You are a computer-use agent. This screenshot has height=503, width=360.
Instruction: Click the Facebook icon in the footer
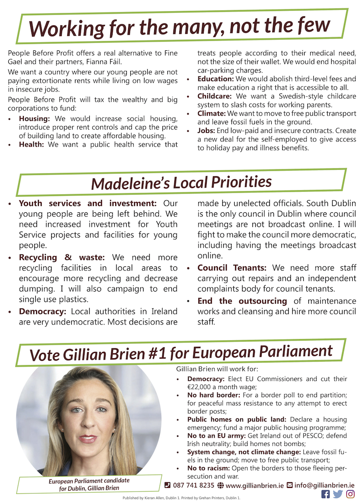click(x=326, y=494)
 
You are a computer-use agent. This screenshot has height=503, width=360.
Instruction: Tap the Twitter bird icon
click(x=338, y=494)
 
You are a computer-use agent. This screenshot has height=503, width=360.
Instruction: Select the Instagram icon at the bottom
click(x=350, y=494)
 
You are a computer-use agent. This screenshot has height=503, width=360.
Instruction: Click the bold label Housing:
click(x=34, y=119)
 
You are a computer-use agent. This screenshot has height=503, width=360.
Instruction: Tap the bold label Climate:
click(x=212, y=114)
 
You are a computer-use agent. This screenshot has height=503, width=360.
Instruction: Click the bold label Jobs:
click(x=207, y=131)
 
